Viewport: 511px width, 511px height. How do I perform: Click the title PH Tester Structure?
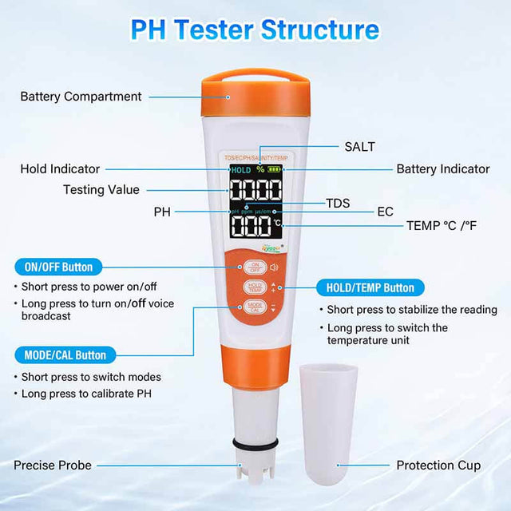pos(255,30)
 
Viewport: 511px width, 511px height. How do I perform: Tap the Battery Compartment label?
pos(81,97)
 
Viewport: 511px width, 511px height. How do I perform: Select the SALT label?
pos(359,146)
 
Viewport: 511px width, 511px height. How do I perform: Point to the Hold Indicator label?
pos(60,168)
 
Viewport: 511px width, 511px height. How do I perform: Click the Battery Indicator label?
pos(443,168)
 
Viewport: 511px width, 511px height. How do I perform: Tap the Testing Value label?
pos(101,189)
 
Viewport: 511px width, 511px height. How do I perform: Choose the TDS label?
pos(338,203)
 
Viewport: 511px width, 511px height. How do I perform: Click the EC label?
pos(386,212)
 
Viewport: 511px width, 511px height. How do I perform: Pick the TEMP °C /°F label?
pos(442,225)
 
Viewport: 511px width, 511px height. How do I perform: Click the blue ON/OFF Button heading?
pos(58,267)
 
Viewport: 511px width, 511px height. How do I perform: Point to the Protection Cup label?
pos(438,465)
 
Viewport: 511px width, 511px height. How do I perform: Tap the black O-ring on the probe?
pos(255,442)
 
